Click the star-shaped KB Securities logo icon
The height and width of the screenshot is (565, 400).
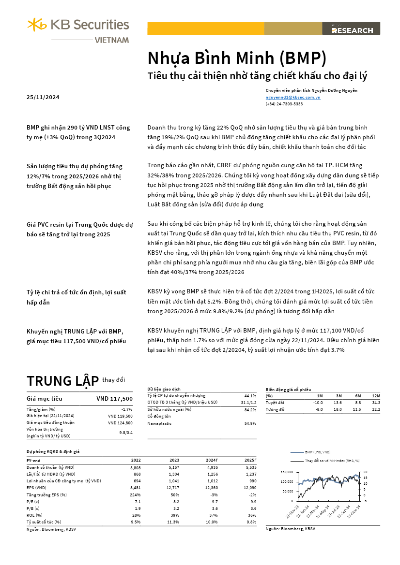(36, 24)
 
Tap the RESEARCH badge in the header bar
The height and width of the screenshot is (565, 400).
(352, 30)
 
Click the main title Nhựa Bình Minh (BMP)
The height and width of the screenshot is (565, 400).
(237, 58)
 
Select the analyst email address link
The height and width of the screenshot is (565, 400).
(293, 97)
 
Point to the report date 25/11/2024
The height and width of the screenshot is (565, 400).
(43, 97)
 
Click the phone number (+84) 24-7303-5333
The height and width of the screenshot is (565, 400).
(284, 104)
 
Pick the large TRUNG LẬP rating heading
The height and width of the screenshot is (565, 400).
(62, 381)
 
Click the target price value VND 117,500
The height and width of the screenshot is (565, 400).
(114, 399)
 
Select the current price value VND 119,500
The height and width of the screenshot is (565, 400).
(120, 416)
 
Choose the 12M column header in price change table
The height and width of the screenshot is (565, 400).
(376, 396)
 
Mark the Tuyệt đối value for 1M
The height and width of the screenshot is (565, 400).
(318, 403)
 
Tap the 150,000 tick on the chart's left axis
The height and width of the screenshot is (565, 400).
(287, 471)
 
